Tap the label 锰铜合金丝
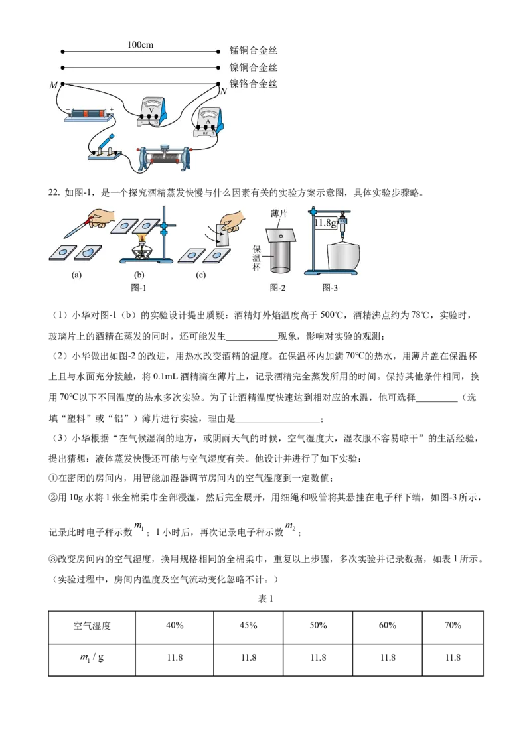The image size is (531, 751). pyautogui.click(x=254, y=51)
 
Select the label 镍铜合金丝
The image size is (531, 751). pyautogui.click(x=254, y=68)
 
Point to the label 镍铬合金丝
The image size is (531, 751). pyautogui.click(x=254, y=84)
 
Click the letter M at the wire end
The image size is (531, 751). pyautogui.click(x=53, y=86)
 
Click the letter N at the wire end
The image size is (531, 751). pyautogui.click(x=224, y=91)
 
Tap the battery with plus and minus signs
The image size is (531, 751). pyautogui.click(x=89, y=115)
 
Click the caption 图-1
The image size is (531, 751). pyautogui.click(x=139, y=287)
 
